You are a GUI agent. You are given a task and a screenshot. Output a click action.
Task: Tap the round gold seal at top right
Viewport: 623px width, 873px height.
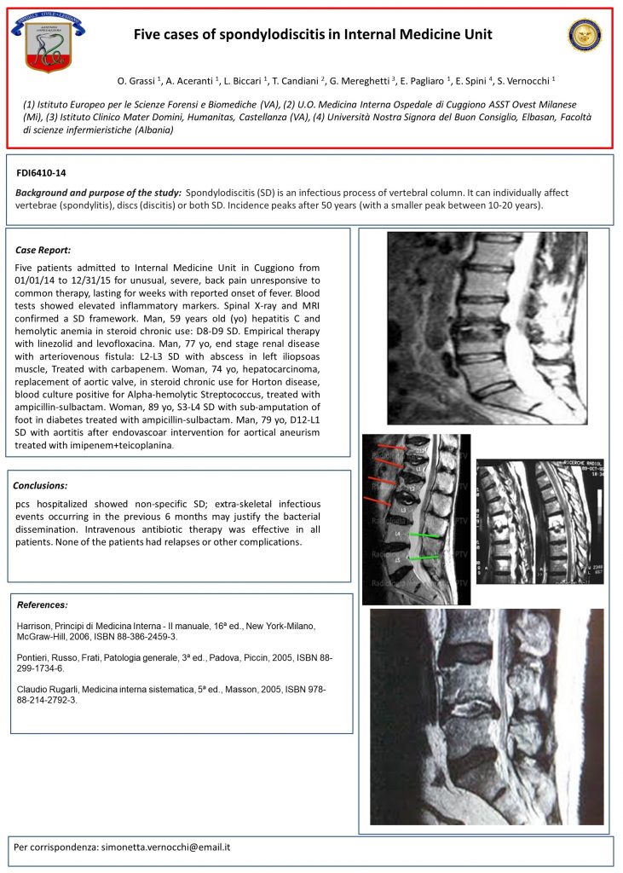pos(585,35)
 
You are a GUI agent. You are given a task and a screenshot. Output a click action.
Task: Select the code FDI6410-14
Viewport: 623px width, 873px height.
pos(42,173)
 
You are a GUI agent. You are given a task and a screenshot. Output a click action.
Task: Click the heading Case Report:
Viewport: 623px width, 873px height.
pos(43,251)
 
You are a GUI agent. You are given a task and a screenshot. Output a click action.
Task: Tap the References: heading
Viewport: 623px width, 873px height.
pos(43,604)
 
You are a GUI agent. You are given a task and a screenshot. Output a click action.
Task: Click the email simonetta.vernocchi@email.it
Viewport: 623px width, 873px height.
pos(166,848)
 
